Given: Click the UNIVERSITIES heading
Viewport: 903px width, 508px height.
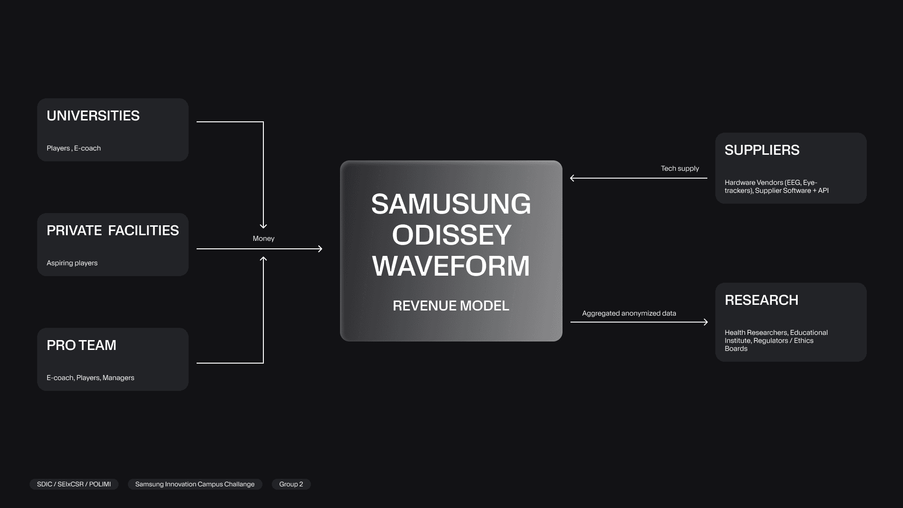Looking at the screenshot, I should pyautogui.click(x=93, y=116).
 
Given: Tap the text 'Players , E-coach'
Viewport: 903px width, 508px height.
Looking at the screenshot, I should pyautogui.click(x=73, y=148).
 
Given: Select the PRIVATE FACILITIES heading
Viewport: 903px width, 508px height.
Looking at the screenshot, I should pyautogui.click(x=112, y=230).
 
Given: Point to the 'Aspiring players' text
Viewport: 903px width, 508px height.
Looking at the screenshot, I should pyautogui.click(x=72, y=263).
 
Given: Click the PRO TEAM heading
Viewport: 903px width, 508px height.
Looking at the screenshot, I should pyautogui.click(x=81, y=345).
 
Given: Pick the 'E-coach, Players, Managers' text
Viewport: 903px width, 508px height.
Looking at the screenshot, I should pyautogui.click(x=90, y=378).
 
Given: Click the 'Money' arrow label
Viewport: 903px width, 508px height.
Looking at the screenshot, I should pyautogui.click(x=263, y=238).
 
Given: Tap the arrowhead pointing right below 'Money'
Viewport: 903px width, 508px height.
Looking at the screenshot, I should pyautogui.click(x=320, y=249).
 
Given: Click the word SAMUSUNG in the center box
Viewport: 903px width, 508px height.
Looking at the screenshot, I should pyautogui.click(x=451, y=204).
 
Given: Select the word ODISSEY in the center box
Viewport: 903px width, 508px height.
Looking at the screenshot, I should pyautogui.click(x=451, y=235).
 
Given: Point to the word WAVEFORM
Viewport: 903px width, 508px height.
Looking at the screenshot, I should pyautogui.click(x=451, y=266).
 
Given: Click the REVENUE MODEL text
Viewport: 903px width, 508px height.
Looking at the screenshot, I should pyautogui.click(x=451, y=306).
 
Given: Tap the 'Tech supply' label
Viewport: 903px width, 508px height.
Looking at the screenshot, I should pyautogui.click(x=680, y=168).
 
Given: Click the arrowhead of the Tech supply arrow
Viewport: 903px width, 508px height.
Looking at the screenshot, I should pyautogui.click(x=572, y=178).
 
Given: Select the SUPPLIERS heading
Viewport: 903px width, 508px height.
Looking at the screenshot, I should pyautogui.click(x=762, y=150).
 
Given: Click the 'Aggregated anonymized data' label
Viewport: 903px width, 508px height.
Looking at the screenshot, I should pyautogui.click(x=629, y=313).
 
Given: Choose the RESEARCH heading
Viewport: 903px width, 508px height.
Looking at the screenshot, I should pyautogui.click(x=761, y=300).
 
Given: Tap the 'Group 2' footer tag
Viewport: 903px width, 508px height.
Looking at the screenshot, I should pyautogui.click(x=291, y=484).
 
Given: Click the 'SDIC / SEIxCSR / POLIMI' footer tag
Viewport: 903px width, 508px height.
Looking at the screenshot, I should pyautogui.click(x=74, y=484).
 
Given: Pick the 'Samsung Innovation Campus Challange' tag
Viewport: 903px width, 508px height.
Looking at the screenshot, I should pyautogui.click(x=195, y=484).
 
